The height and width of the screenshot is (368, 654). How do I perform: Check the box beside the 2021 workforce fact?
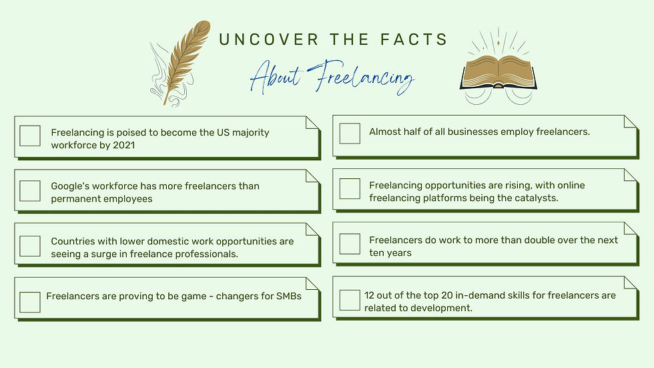pyautogui.click(x=30, y=136)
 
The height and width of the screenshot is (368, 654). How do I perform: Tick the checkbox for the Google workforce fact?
pyautogui.click(x=30, y=190)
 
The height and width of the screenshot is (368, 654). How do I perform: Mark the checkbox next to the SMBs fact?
pyautogui.click(x=30, y=302)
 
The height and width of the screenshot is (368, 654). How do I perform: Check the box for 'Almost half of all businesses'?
pyautogui.click(x=350, y=133)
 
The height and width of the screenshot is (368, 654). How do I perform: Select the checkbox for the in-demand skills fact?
pyautogui.click(x=350, y=300)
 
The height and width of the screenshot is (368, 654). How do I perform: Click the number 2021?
pyautogui.click(x=123, y=145)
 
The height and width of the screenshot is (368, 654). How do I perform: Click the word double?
pyautogui.click(x=530, y=240)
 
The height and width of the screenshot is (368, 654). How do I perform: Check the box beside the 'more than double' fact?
pyautogui.click(x=350, y=244)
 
